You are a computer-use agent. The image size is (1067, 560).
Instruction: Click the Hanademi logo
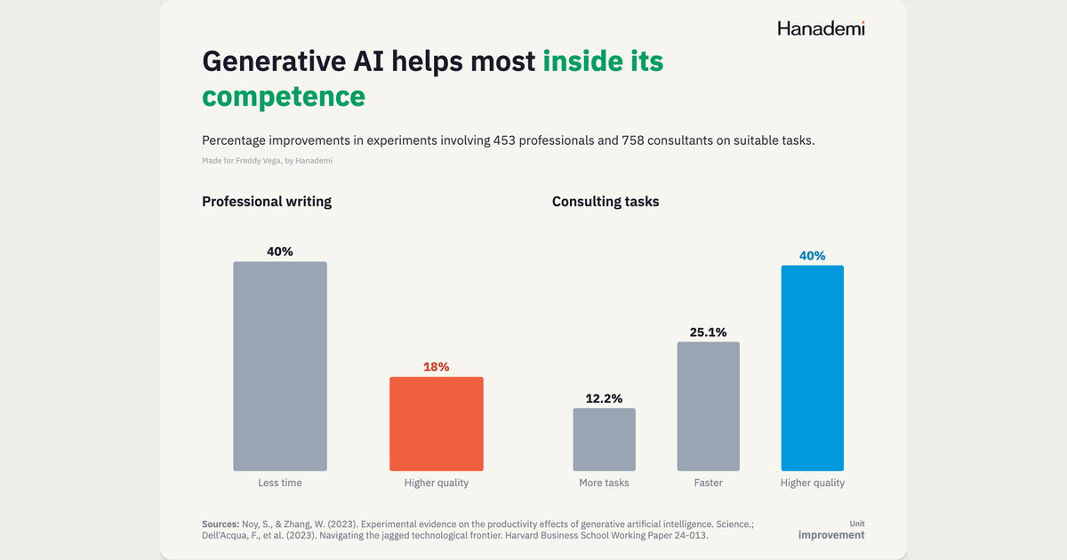click(x=822, y=28)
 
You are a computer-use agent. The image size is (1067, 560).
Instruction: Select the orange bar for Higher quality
click(x=437, y=424)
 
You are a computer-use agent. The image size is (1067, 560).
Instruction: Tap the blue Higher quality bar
click(x=812, y=368)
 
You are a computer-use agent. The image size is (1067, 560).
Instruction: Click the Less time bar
click(x=280, y=366)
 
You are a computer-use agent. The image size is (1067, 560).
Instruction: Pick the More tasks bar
click(x=604, y=439)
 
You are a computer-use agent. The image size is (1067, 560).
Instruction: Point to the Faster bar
click(x=709, y=406)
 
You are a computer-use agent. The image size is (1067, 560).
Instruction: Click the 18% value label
click(x=437, y=366)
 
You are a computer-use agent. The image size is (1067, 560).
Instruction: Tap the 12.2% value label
click(x=604, y=398)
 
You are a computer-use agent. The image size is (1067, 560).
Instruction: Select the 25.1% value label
click(x=709, y=332)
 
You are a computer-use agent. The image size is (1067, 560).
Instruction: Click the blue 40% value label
click(x=812, y=256)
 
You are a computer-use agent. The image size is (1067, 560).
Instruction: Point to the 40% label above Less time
click(x=280, y=252)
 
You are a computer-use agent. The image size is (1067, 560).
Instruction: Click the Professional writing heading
click(x=267, y=202)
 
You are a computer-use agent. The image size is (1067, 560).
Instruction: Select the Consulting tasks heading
click(x=606, y=202)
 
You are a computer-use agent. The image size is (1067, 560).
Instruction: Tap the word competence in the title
click(x=284, y=96)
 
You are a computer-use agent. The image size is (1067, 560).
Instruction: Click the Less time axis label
click(x=280, y=483)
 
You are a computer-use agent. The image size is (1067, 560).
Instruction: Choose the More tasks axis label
click(x=604, y=483)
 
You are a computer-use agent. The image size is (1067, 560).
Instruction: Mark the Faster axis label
click(x=709, y=483)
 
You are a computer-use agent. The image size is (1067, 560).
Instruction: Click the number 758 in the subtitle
click(x=632, y=140)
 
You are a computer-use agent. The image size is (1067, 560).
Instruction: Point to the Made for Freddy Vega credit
click(x=268, y=161)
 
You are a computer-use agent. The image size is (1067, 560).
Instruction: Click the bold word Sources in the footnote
click(x=221, y=524)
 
